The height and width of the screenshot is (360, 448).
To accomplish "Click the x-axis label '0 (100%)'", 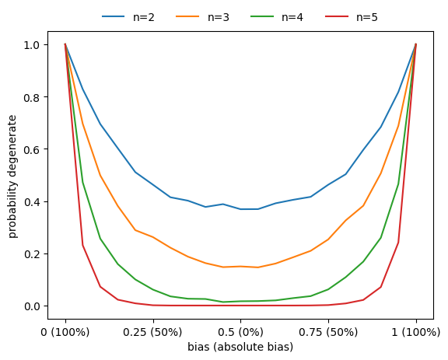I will pyautogui.click(x=65, y=332).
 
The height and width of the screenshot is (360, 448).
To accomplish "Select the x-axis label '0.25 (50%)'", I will pyautogui.click(x=153, y=332).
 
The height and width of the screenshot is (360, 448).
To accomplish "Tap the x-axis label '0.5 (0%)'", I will pyautogui.click(x=241, y=332).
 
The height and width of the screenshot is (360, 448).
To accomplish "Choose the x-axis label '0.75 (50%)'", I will pyautogui.click(x=328, y=332).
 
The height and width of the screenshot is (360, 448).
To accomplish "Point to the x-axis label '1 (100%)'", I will pyautogui.click(x=416, y=332).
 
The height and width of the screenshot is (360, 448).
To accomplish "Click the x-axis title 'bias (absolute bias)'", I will pyautogui.click(x=240, y=347).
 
